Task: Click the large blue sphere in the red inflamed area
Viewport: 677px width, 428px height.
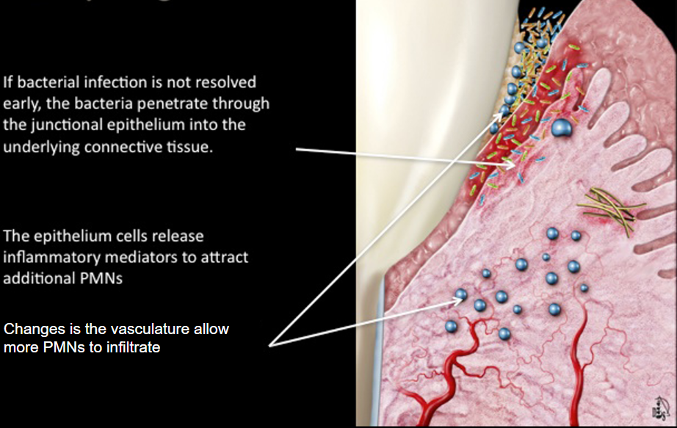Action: coord(562,128)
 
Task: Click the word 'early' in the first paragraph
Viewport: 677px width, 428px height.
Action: coord(21,104)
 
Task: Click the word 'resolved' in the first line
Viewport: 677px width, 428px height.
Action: coord(227,82)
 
